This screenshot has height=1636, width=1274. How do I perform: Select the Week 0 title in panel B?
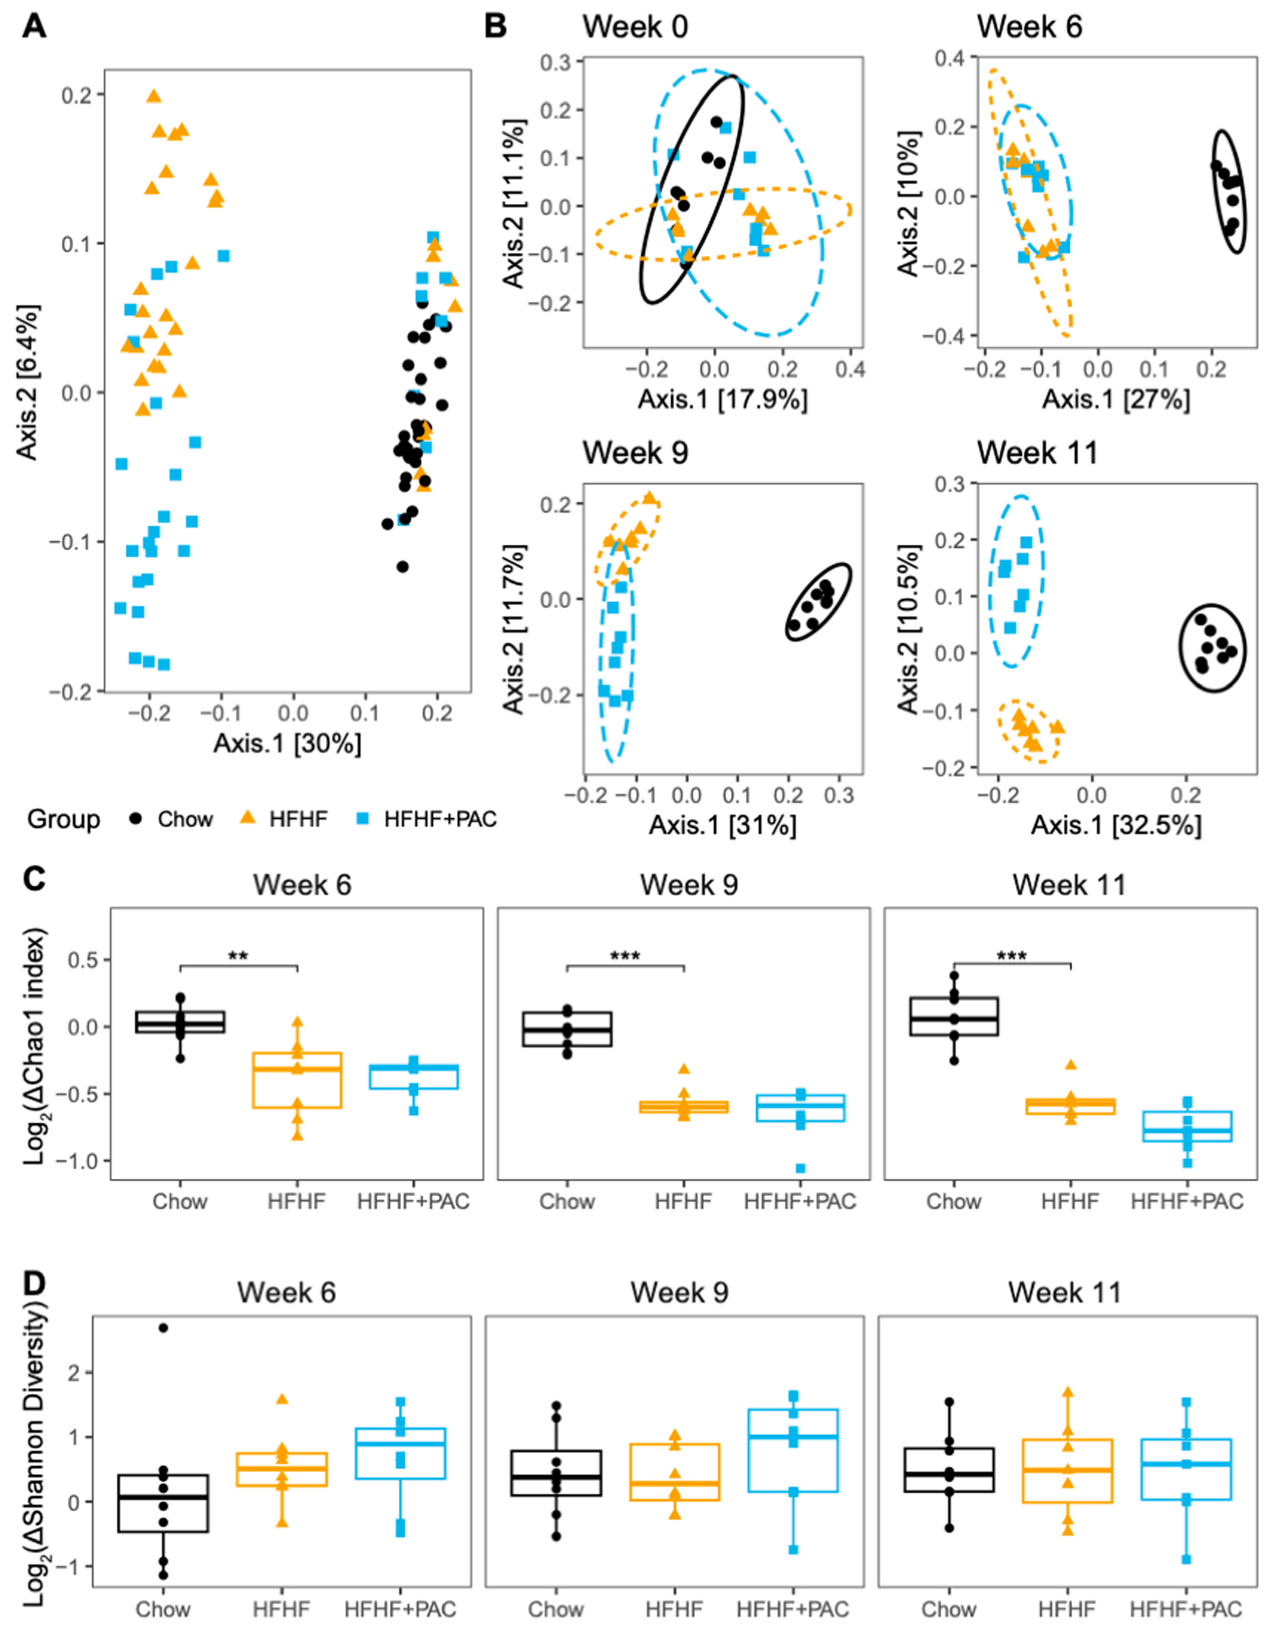tap(636, 27)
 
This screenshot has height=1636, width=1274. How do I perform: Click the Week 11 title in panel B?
tap(1037, 453)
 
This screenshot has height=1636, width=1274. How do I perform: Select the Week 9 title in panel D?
tap(679, 1292)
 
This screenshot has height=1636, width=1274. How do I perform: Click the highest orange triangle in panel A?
tap(154, 96)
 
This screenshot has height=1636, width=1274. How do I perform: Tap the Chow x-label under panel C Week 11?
tap(953, 1202)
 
